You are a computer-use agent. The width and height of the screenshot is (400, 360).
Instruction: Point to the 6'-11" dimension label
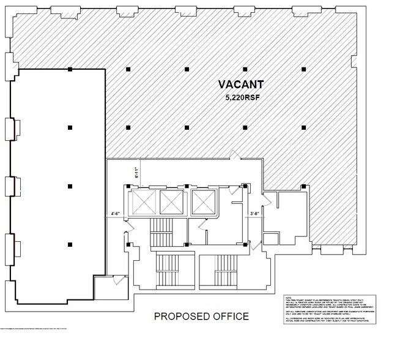click(x=136, y=173)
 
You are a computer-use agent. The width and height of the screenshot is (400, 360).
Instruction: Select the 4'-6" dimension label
click(x=116, y=214)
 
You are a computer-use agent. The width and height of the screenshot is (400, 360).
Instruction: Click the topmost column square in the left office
click(x=70, y=69)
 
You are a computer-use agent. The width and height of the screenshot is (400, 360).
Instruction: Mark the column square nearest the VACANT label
click(x=245, y=69)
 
